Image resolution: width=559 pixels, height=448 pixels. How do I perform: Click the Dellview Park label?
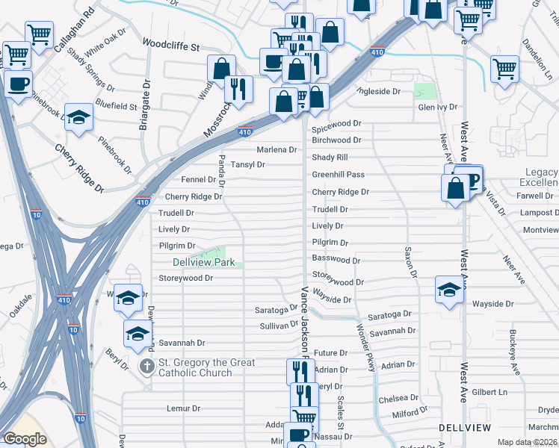(x=204, y=262)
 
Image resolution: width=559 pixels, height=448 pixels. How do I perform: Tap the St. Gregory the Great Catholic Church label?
(x=206, y=367)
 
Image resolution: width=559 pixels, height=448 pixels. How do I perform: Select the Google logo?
(x=25, y=439)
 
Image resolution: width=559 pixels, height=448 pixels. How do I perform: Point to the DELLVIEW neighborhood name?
(x=466, y=427)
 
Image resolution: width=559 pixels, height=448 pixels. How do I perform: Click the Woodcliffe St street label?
(x=171, y=46)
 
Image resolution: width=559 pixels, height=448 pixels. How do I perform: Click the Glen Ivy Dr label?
(x=437, y=107)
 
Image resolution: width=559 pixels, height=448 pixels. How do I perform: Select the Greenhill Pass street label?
(x=338, y=175)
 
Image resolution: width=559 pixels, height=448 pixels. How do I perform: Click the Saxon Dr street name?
(x=410, y=262)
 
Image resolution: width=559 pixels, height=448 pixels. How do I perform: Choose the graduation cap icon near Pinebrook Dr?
(x=78, y=117)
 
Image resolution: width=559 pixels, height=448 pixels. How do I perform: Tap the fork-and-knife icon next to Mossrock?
(x=238, y=89)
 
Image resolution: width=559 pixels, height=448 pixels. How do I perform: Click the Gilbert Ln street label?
(x=489, y=392)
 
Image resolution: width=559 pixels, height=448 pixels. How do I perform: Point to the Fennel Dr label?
(x=199, y=180)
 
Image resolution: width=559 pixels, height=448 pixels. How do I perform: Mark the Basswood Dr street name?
(x=336, y=260)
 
